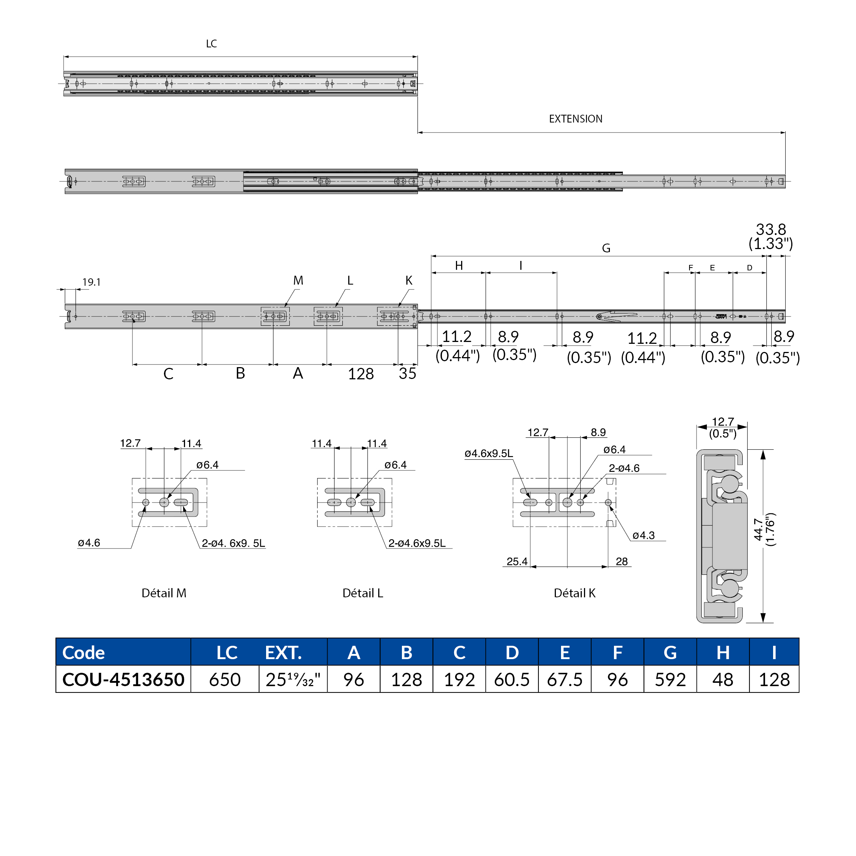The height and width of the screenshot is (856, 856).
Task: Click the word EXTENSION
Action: pos(575,119)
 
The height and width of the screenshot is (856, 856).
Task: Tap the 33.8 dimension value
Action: pos(771,229)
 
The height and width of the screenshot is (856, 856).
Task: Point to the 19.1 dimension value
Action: pos(91,282)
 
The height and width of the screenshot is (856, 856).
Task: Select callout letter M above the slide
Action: pos(298,281)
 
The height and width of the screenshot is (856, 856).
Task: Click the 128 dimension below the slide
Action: pos(361,374)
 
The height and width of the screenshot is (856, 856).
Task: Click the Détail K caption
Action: pos(574,593)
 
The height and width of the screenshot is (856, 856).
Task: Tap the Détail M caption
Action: pos(164,593)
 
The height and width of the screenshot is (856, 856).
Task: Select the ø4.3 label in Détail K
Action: pos(643,535)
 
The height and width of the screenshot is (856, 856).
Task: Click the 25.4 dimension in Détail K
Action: pos(517,561)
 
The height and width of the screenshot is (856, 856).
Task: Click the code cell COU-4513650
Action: pos(123,679)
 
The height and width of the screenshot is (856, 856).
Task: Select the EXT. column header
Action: pos(283,652)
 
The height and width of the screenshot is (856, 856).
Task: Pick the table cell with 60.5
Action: pos(512,679)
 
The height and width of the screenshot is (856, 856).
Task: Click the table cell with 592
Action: pos(670,679)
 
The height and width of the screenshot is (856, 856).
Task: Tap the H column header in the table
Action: pos(723,652)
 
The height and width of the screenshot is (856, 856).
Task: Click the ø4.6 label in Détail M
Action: pos(89,543)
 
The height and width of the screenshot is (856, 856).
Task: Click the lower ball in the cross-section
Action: pos(730,588)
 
